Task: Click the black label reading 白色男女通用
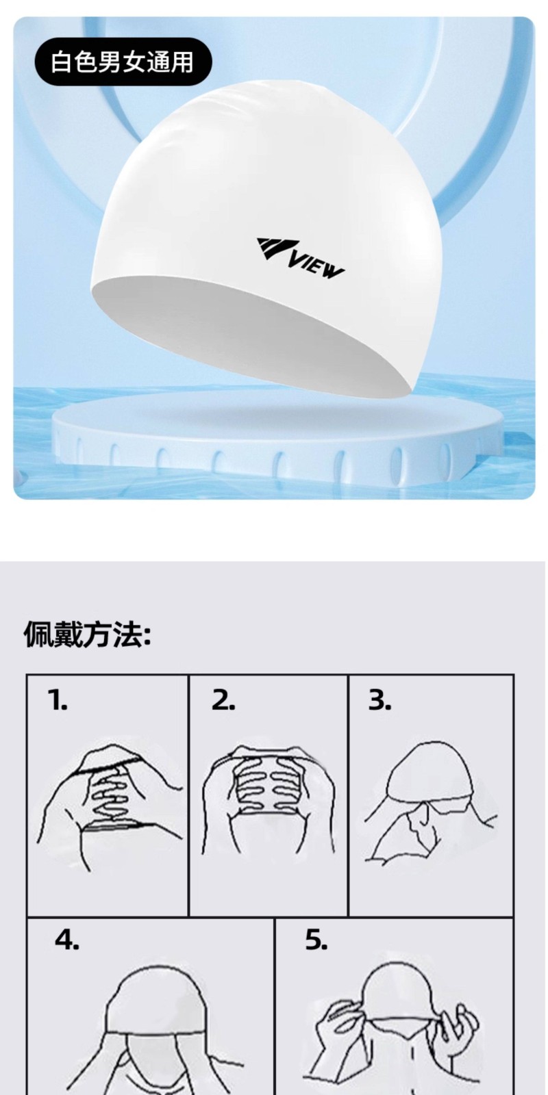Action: tap(123, 62)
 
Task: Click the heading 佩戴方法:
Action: tap(88, 636)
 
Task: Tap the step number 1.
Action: tap(58, 700)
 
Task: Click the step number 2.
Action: tap(223, 700)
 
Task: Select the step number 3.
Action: tap(379, 700)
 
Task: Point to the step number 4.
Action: tap(66, 940)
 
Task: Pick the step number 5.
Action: tap(316, 940)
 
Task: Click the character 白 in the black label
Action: tap(62, 62)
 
